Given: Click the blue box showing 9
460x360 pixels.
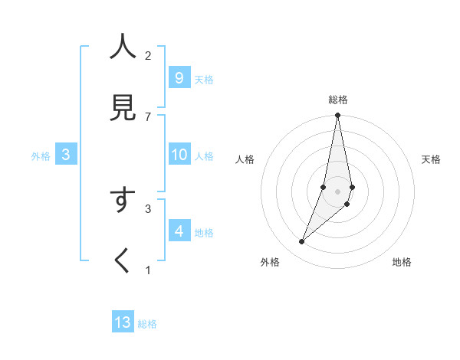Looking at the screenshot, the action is [x=179, y=77].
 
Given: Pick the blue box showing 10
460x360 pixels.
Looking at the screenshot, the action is [x=179, y=155].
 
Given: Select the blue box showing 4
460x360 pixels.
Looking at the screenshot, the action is [x=179, y=231].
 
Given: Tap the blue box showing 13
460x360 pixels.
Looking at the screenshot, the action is [x=123, y=322].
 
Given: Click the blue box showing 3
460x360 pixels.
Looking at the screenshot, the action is [x=66, y=155].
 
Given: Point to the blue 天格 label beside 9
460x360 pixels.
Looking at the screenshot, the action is [x=204, y=79].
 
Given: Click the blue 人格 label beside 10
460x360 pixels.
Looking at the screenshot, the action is [x=204, y=156].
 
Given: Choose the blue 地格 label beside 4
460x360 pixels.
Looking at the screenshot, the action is [x=204, y=232].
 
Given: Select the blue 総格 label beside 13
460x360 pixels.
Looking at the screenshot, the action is [x=148, y=324].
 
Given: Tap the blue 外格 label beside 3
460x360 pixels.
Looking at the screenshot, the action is [x=41, y=156].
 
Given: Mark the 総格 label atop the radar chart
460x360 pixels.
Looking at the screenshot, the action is [x=338, y=100].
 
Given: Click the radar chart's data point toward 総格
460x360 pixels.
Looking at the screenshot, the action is [x=337, y=116].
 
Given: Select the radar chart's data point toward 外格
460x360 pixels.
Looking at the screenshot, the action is [x=302, y=242].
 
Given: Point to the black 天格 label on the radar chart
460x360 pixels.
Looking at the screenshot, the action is [x=432, y=159].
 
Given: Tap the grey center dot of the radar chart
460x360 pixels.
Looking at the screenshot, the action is [x=337, y=191].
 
